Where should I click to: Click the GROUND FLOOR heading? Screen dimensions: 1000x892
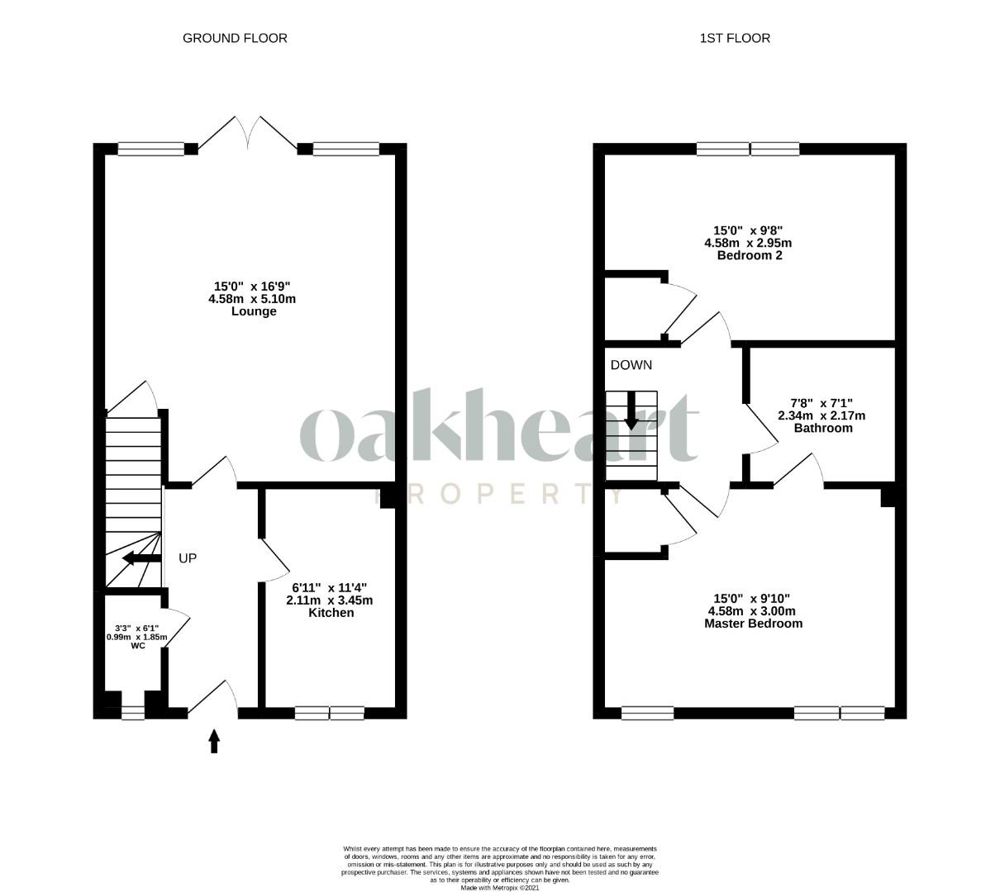tap(235, 38)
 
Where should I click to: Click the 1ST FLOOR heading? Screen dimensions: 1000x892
tap(735, 38)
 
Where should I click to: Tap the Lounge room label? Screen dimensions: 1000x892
tap(254, 311)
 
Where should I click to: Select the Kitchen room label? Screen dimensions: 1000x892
tap(331, 613)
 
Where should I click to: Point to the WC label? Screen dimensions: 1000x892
tap(138, 646)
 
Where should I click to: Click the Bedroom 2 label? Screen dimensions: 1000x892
tap(750, 255)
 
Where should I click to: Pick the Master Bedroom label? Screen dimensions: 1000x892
tap(753, 624)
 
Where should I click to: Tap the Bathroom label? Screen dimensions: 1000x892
tap(823, 428)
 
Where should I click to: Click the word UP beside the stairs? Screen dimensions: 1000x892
tap(188, 558)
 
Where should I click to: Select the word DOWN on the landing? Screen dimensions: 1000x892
tap(631, 365)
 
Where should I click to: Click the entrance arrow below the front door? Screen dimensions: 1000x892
tap(214, 741)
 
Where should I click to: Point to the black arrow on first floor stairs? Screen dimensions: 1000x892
tap(631, 410)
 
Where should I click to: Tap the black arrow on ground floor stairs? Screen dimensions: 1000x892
tap(141, 558)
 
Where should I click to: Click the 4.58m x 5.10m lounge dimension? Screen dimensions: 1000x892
tap(252, 299)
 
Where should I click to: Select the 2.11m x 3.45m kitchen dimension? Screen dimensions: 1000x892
tap(329, 600)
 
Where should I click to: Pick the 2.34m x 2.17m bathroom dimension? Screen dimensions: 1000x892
tap(821, 416)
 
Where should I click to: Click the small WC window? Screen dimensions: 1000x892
tap(133, 714)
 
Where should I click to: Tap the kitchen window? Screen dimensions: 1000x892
tap(329, 713)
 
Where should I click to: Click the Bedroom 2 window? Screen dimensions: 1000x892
tap(748, 149)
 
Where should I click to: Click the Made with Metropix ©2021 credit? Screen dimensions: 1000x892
tap(499, 888)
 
